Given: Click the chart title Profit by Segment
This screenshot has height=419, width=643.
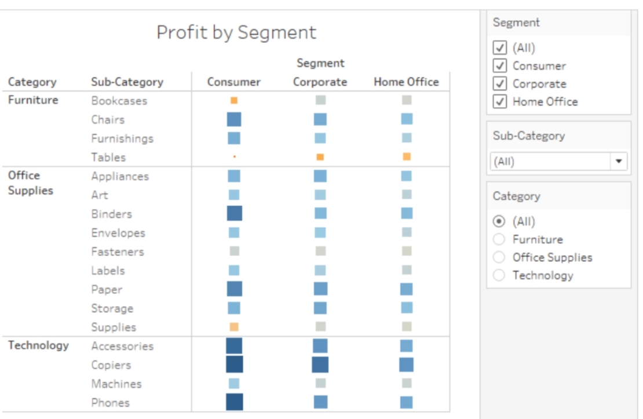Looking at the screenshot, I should tap(236, 32).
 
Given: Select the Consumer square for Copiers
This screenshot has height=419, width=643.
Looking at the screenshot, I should tap(234, 365).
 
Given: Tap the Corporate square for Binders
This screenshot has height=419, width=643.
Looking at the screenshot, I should tap(320, 213).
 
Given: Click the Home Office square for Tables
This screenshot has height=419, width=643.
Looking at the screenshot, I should tap(407, 156).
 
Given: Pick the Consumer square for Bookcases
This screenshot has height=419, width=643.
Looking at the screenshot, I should tap(234, 100).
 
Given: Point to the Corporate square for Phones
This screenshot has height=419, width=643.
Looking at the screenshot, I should tap(320, 402).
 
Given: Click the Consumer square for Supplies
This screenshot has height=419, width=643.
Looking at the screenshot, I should tap(234, 327).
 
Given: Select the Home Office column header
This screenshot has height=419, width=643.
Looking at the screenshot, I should tap(406, 82).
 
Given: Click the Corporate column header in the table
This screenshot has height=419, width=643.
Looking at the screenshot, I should tap(320, 82).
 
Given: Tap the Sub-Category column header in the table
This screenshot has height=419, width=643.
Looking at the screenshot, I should tap(127, 82).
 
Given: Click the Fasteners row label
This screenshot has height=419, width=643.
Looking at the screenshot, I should tap(118, 252).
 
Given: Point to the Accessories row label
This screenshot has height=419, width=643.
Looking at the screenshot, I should tap(122, 346).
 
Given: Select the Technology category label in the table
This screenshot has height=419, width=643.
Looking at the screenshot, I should tap(38, 345).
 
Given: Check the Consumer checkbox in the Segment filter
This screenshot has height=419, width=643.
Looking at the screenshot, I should tap(499, 65).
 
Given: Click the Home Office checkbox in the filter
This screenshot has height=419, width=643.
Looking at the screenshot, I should tap(499, 101).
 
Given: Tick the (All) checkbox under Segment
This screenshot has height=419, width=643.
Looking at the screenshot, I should tap(499, 48).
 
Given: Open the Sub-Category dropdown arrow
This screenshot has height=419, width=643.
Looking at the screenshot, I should tap(619, 161).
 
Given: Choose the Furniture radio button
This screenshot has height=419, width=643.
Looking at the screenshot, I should tap(499, 239).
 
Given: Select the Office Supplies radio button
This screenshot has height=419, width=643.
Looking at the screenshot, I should tap(499, 257).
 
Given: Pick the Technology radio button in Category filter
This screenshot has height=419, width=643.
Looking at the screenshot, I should tap(499, 275).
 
